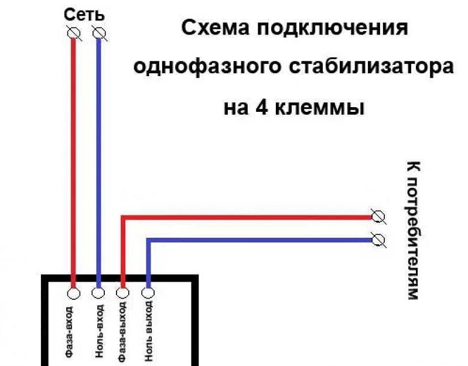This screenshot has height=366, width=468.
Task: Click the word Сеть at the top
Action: pyautogui.click(x=86, y=15)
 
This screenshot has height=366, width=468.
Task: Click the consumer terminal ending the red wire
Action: pyautogui.click(x=378, y=217)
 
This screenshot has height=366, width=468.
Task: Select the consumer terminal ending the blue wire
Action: pyautogui.click(x=378, y=239)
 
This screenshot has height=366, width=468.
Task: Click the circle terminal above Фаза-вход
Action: pyautogui.click(x=74, y=291)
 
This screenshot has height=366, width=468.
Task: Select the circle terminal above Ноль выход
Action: pyautogui.click(x=148, y=291)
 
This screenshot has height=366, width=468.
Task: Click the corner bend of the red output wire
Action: pyautogui.click(x=123, y=217)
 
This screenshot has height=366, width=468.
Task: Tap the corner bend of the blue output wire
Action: pyautogui.click(x=148, y=240)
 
